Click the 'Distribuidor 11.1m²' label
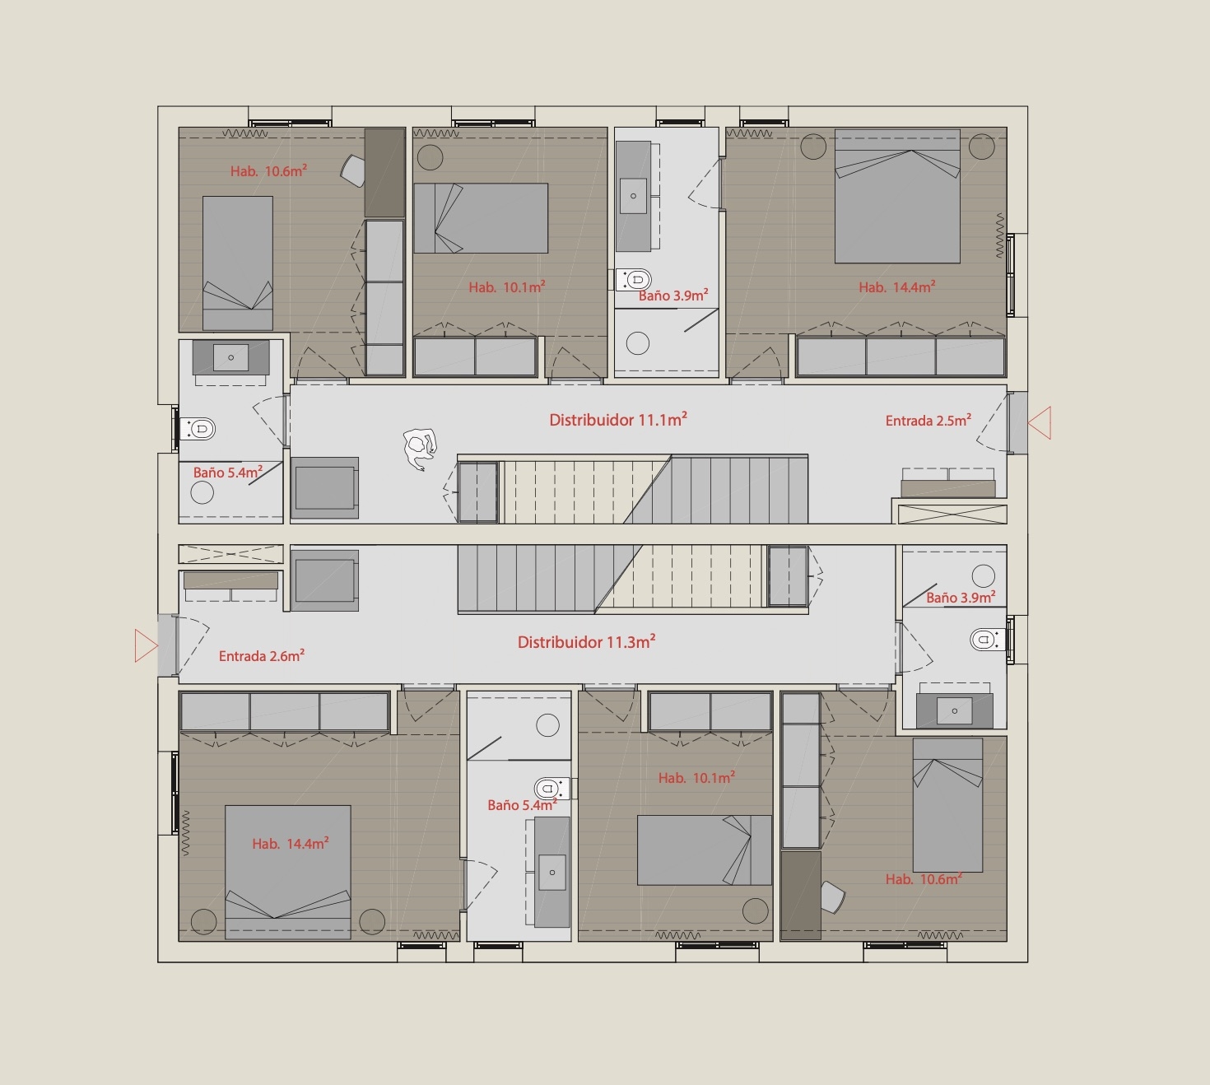pyautogui.click(x=618, y=419)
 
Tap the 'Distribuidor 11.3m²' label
pyautogui.click(x=587, y=641)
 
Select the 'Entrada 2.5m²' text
pyautogui.click(x=928, y=420)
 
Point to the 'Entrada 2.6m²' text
pyautogui.click(x=262, y=655)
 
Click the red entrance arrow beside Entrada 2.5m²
pyautogui.click(x=1040, y=423)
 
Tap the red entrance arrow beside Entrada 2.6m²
pyautogui.click(x=147, y=646)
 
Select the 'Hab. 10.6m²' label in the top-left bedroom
pyautogui.click(x=269, y=171)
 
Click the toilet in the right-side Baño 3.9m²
pyautogui.click(x=988, y=640)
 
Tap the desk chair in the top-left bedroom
pyautogui.click(x=353, y=170)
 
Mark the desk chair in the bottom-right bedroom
pyautogui.click(x=833, y=896)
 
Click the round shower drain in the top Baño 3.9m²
pyautogui.click(x=637, y=343)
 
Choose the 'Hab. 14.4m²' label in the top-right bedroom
pyautogui.click(x=897, y=286)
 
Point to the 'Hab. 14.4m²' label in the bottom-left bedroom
pyautogui.click(x=291, y=843)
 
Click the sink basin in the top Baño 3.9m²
pyautogui.click(x=633, y=196)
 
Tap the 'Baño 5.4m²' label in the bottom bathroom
pyautogui.click(x=523, y=805)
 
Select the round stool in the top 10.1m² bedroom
pyautogui.click(x=430, y=158)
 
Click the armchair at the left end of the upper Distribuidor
pyautogui.click(x=325, y=488)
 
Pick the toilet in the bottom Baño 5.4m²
pyautogui.click(x=552, y=789)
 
